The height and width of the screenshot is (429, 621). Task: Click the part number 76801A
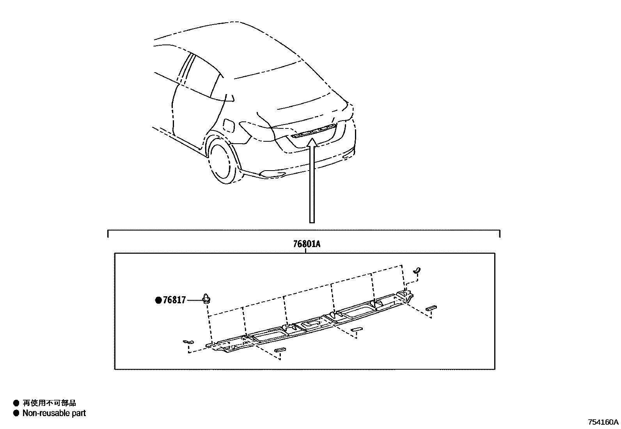click(x=307, y=244)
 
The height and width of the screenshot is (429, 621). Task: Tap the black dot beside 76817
click(x=158, y=300)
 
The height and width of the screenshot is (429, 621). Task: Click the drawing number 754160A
click(x=603, y=422)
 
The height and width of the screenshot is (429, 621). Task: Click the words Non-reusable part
click(x=54, y=413)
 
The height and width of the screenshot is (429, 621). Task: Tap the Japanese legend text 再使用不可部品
click(x=49, y=403)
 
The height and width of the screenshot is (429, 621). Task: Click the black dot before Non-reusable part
click(x=16, y=413)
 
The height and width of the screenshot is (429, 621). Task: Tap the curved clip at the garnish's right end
click(x=417, y=270)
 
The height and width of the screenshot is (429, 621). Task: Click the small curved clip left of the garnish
click(x=188, y=342)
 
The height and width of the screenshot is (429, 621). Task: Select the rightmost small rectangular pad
click(x=432, y=308)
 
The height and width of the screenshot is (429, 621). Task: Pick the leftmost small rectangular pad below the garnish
click(x=280, y=350)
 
